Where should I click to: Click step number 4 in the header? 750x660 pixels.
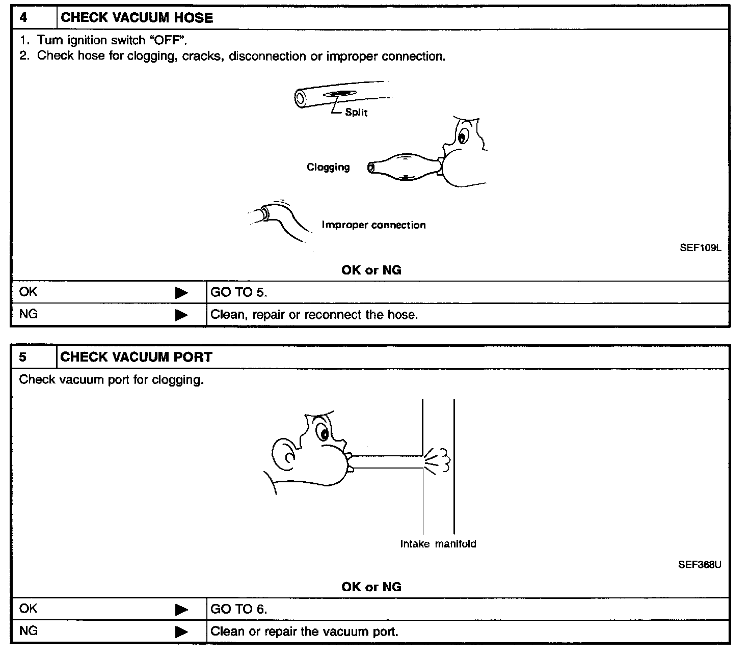point(23,18)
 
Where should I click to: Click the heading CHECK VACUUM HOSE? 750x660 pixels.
point(137,18)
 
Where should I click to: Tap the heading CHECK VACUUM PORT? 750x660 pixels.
point(136,358)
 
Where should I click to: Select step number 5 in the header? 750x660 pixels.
point(23,358)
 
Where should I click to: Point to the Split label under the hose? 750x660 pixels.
point(356,112)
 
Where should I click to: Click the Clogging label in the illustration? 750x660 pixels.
point(328,167)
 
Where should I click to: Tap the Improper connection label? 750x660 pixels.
point(373,225)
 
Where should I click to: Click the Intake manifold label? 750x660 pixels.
point(438,544)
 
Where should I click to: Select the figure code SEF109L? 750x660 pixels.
point(701,249)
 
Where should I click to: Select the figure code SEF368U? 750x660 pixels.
point(700,565)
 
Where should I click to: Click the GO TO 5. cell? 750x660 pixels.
point(238,292)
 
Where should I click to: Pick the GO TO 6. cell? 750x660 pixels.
point(238,609)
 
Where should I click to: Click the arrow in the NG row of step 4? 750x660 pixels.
point(181,315)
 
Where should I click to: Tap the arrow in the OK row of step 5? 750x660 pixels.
point(181,610)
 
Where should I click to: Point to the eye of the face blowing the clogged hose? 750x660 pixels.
point(463,136)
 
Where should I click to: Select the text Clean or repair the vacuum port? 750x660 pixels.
point(304,632)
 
